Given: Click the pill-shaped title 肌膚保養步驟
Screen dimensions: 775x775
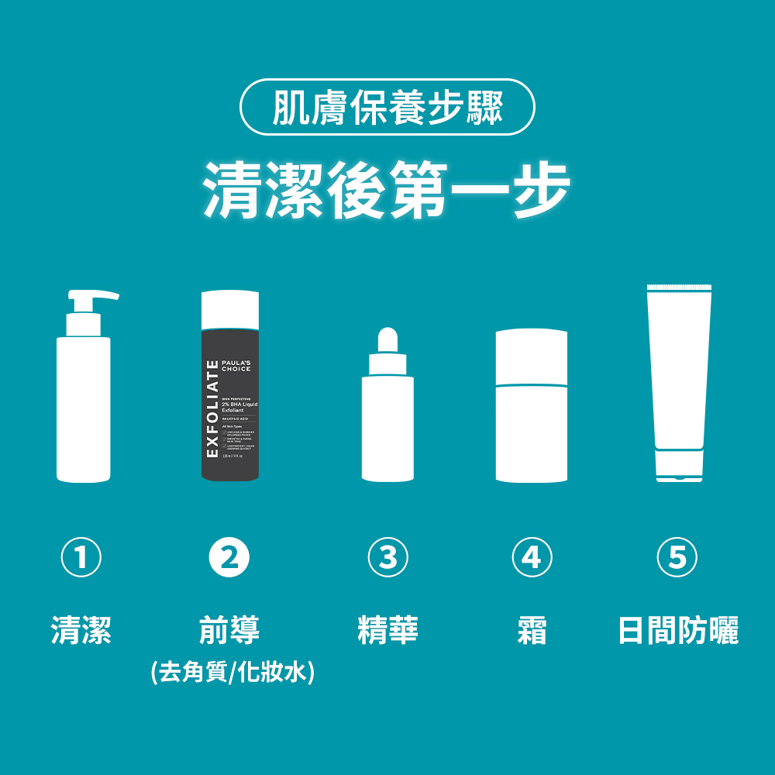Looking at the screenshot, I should (x=387, y=107).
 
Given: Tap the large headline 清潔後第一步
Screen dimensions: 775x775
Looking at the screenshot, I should (x=387, y=189).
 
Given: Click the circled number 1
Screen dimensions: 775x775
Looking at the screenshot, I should (x=81, y=557).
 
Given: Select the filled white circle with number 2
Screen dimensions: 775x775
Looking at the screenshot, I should (x=229, y=557).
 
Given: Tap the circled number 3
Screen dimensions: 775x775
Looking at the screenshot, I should (x=387, y=557).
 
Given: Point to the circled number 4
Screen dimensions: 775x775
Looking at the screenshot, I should (x=532, y=557).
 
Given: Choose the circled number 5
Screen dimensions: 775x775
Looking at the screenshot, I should (x=677, y=557).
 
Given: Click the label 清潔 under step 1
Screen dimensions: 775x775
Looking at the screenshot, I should (x=81, y=630).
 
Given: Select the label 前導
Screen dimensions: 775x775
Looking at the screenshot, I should (x=229, y=630).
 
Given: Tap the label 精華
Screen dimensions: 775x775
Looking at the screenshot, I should (x=387, y=630).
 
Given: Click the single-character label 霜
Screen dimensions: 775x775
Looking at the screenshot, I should (x=532, y=630).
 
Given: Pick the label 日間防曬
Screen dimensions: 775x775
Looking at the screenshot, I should (x=678, y=630).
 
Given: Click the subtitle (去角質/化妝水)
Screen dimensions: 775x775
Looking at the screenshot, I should (x=232, y=671).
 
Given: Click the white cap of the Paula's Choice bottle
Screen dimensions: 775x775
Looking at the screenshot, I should (x=229, y=309).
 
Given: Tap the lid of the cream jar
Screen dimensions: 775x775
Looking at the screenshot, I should (x=532, y=356).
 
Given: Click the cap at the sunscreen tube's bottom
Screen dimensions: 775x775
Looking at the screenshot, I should (x=679, y=466).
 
